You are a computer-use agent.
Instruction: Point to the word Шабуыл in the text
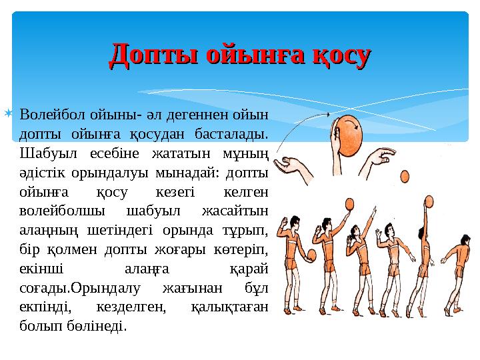[x=44, y=153]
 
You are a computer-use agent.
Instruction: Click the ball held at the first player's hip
[x=311, y=254]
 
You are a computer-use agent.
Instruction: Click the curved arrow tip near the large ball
[x=329, y=115]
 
